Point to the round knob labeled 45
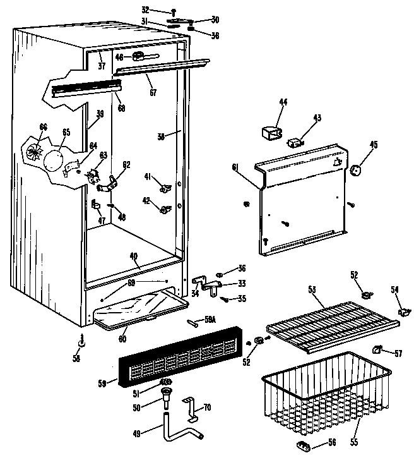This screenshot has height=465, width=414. point(357,169)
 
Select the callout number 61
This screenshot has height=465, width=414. point(235,167)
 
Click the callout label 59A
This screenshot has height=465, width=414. point(210,320)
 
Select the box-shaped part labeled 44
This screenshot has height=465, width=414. point(272,134)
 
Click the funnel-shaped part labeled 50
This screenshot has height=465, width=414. point(167,399)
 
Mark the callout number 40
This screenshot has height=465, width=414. point(133,255)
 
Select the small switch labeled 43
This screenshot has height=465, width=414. point(293,142)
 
